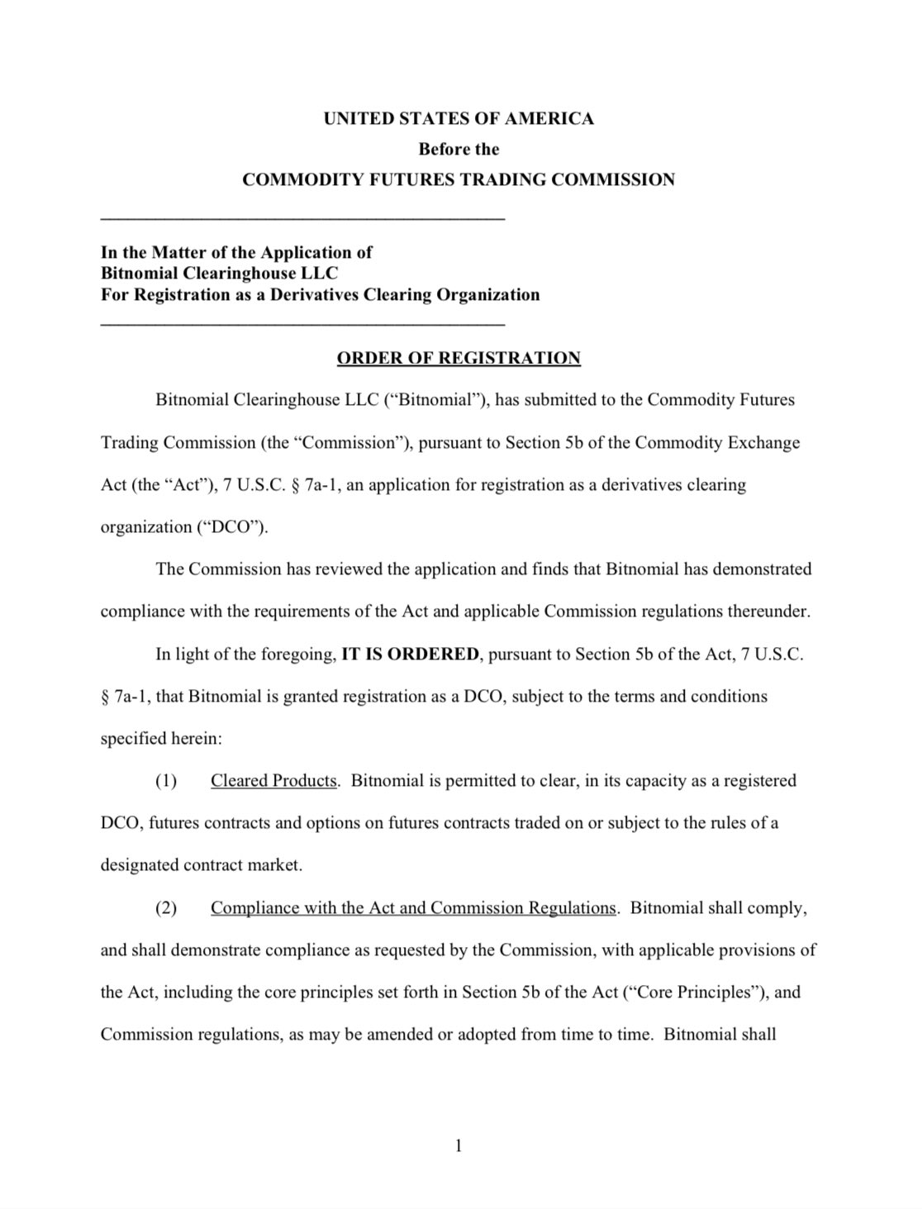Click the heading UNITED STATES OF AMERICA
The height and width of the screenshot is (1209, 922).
[x=459, y=119]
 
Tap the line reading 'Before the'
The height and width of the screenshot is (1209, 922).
[x=459, y=150]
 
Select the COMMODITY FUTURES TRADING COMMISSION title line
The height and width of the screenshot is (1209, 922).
[x=459, y=180]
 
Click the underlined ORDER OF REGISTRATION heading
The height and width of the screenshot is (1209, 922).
[x=459, y=358]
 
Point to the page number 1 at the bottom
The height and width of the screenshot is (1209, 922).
[x=459, y=1145]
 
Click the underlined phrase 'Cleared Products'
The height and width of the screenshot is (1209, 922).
[x=273, y=781]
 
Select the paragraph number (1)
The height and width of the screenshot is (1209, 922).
[x=166, y=781]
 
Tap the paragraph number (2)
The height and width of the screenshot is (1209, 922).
[x=166, y=908]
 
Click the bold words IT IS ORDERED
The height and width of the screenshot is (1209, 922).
[x=410, y=654]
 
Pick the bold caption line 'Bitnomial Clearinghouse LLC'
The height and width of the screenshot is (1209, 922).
[x=219, y=274]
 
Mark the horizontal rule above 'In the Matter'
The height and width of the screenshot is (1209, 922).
[x=302, y=218]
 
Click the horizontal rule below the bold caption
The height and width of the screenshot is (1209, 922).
[x=302, y=324]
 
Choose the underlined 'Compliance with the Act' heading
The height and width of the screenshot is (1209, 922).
[x=413, y=908]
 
